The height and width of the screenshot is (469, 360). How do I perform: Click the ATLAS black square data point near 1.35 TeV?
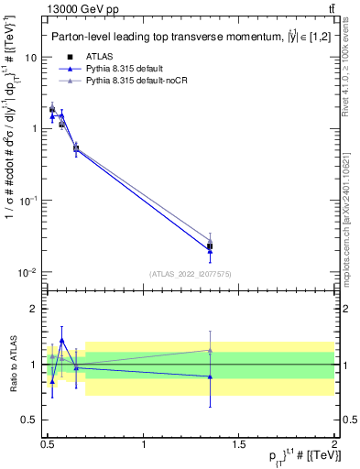click(x=210, y=245)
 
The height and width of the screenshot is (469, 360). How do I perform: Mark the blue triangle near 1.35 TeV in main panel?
click(x=210, y=250)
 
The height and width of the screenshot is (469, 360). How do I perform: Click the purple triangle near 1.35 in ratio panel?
click(x=210, y=350)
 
